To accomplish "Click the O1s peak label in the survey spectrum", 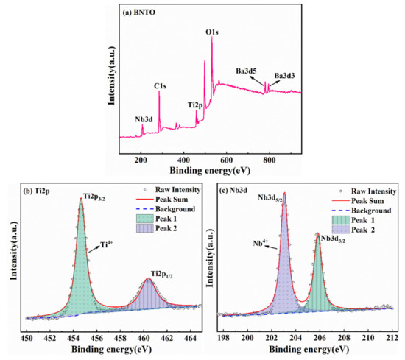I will click(x=211, y=32).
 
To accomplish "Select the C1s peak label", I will click(x=158, y=86).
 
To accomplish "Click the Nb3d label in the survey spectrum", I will click(x=125, y=118).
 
